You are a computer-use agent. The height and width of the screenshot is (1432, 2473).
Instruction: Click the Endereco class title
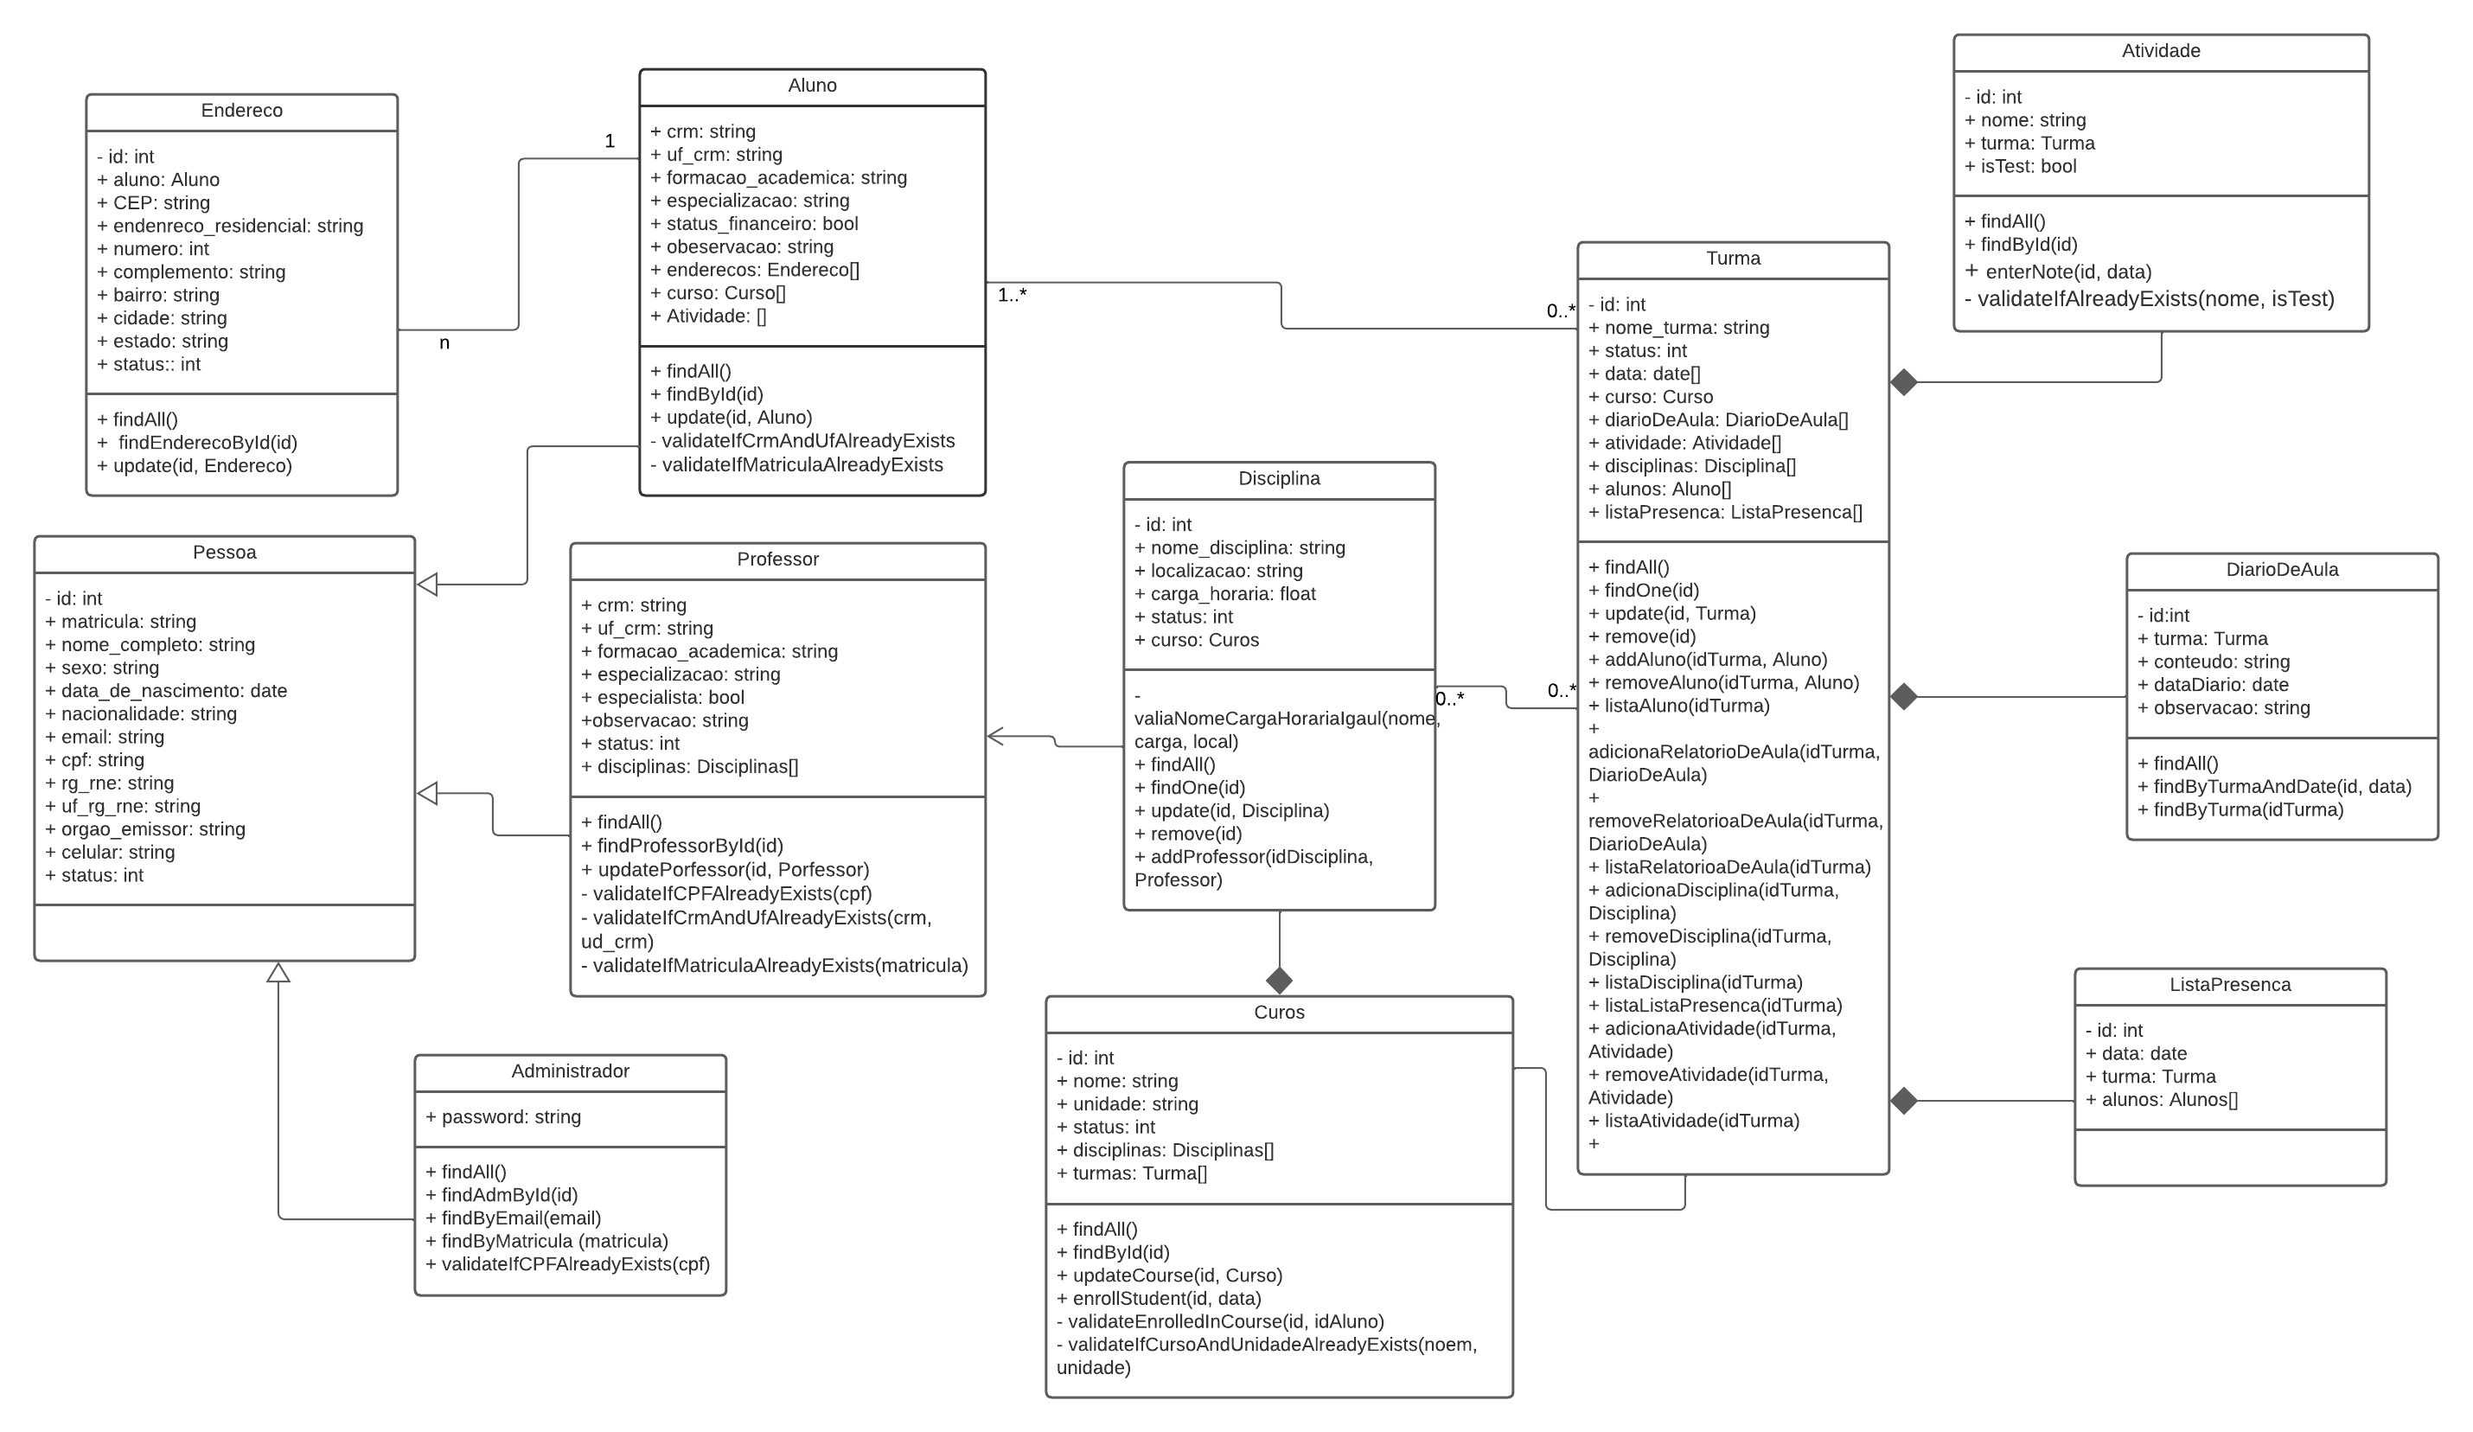point(241,111)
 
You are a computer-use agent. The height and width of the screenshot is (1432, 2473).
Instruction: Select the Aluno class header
point(812,86)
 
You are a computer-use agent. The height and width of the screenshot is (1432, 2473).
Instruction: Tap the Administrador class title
point(569,1071)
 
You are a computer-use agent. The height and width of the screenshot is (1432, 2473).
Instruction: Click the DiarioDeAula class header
point(2282,570)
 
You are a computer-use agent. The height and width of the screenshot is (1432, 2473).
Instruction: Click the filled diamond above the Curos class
point(1279,981)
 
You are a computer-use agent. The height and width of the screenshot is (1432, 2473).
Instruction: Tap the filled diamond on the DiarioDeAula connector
point(1904,697)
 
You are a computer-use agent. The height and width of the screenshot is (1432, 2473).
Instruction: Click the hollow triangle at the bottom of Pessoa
point(278,973)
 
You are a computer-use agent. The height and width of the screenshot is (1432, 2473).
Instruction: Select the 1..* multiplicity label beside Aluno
point(1012,296)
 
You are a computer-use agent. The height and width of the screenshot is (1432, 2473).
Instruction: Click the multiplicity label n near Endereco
point(444,343)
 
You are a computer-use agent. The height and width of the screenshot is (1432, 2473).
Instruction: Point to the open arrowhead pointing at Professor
point(995,736)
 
